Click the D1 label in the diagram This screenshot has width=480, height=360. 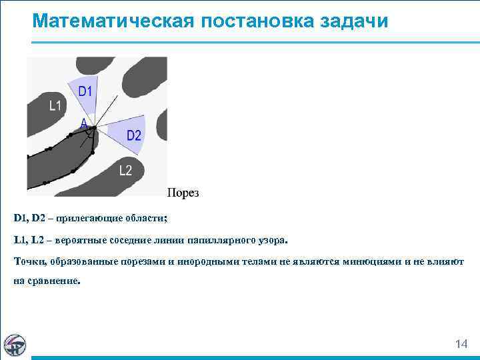point(85,91)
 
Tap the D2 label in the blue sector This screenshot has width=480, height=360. point(134,135)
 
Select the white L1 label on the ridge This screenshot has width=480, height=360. point(55,105)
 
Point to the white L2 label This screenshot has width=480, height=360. point(125,171)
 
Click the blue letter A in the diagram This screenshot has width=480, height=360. point(83,123)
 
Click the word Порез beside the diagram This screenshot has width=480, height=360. point(183,193)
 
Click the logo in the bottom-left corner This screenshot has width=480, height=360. point(15,344)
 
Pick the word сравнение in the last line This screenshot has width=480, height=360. point(53,281)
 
